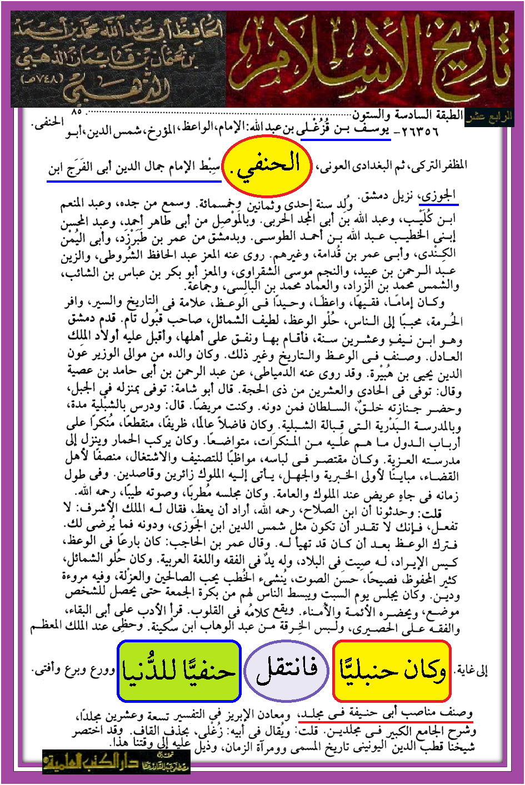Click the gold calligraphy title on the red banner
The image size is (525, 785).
[x=369, y=58]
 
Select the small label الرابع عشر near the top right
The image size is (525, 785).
[x=489, y=118]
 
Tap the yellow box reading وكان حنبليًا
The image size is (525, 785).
[x=392, y=671]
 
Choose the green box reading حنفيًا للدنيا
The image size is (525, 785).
[x=179, y=671]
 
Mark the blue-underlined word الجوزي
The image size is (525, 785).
[x=439, y=195]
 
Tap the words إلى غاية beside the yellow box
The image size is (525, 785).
[x=472, y=670]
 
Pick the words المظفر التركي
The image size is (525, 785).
[x=439, y=165]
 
